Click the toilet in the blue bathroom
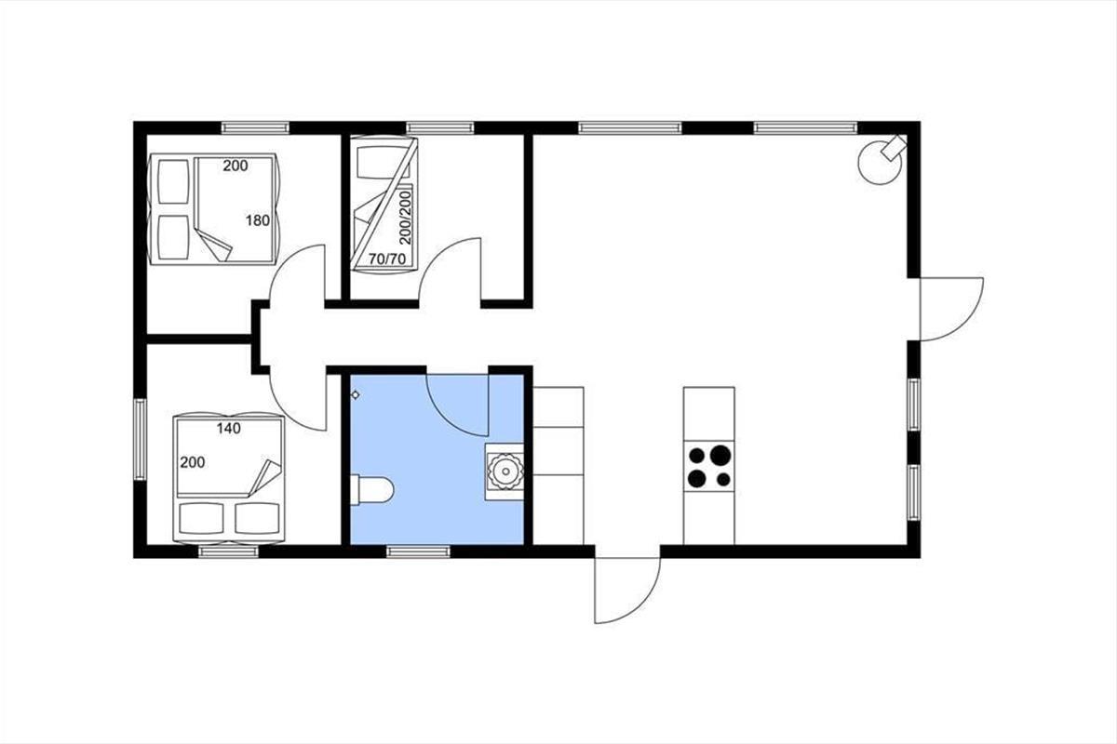click(372, 490)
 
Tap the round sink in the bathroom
click(505, 472)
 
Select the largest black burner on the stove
click(720, 455)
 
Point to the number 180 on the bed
click(257, 220)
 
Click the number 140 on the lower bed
click(228, 428)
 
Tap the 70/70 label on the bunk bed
click(387, 259)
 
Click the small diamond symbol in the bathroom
click(356, 395)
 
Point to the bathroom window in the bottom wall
click(418, 551)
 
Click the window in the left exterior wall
click(141, 440)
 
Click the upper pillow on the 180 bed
click(173, 181)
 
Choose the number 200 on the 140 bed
click(193, 463)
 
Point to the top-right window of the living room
click(805, 128)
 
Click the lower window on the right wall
click(913, 492)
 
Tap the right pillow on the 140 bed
click(257, 518)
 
